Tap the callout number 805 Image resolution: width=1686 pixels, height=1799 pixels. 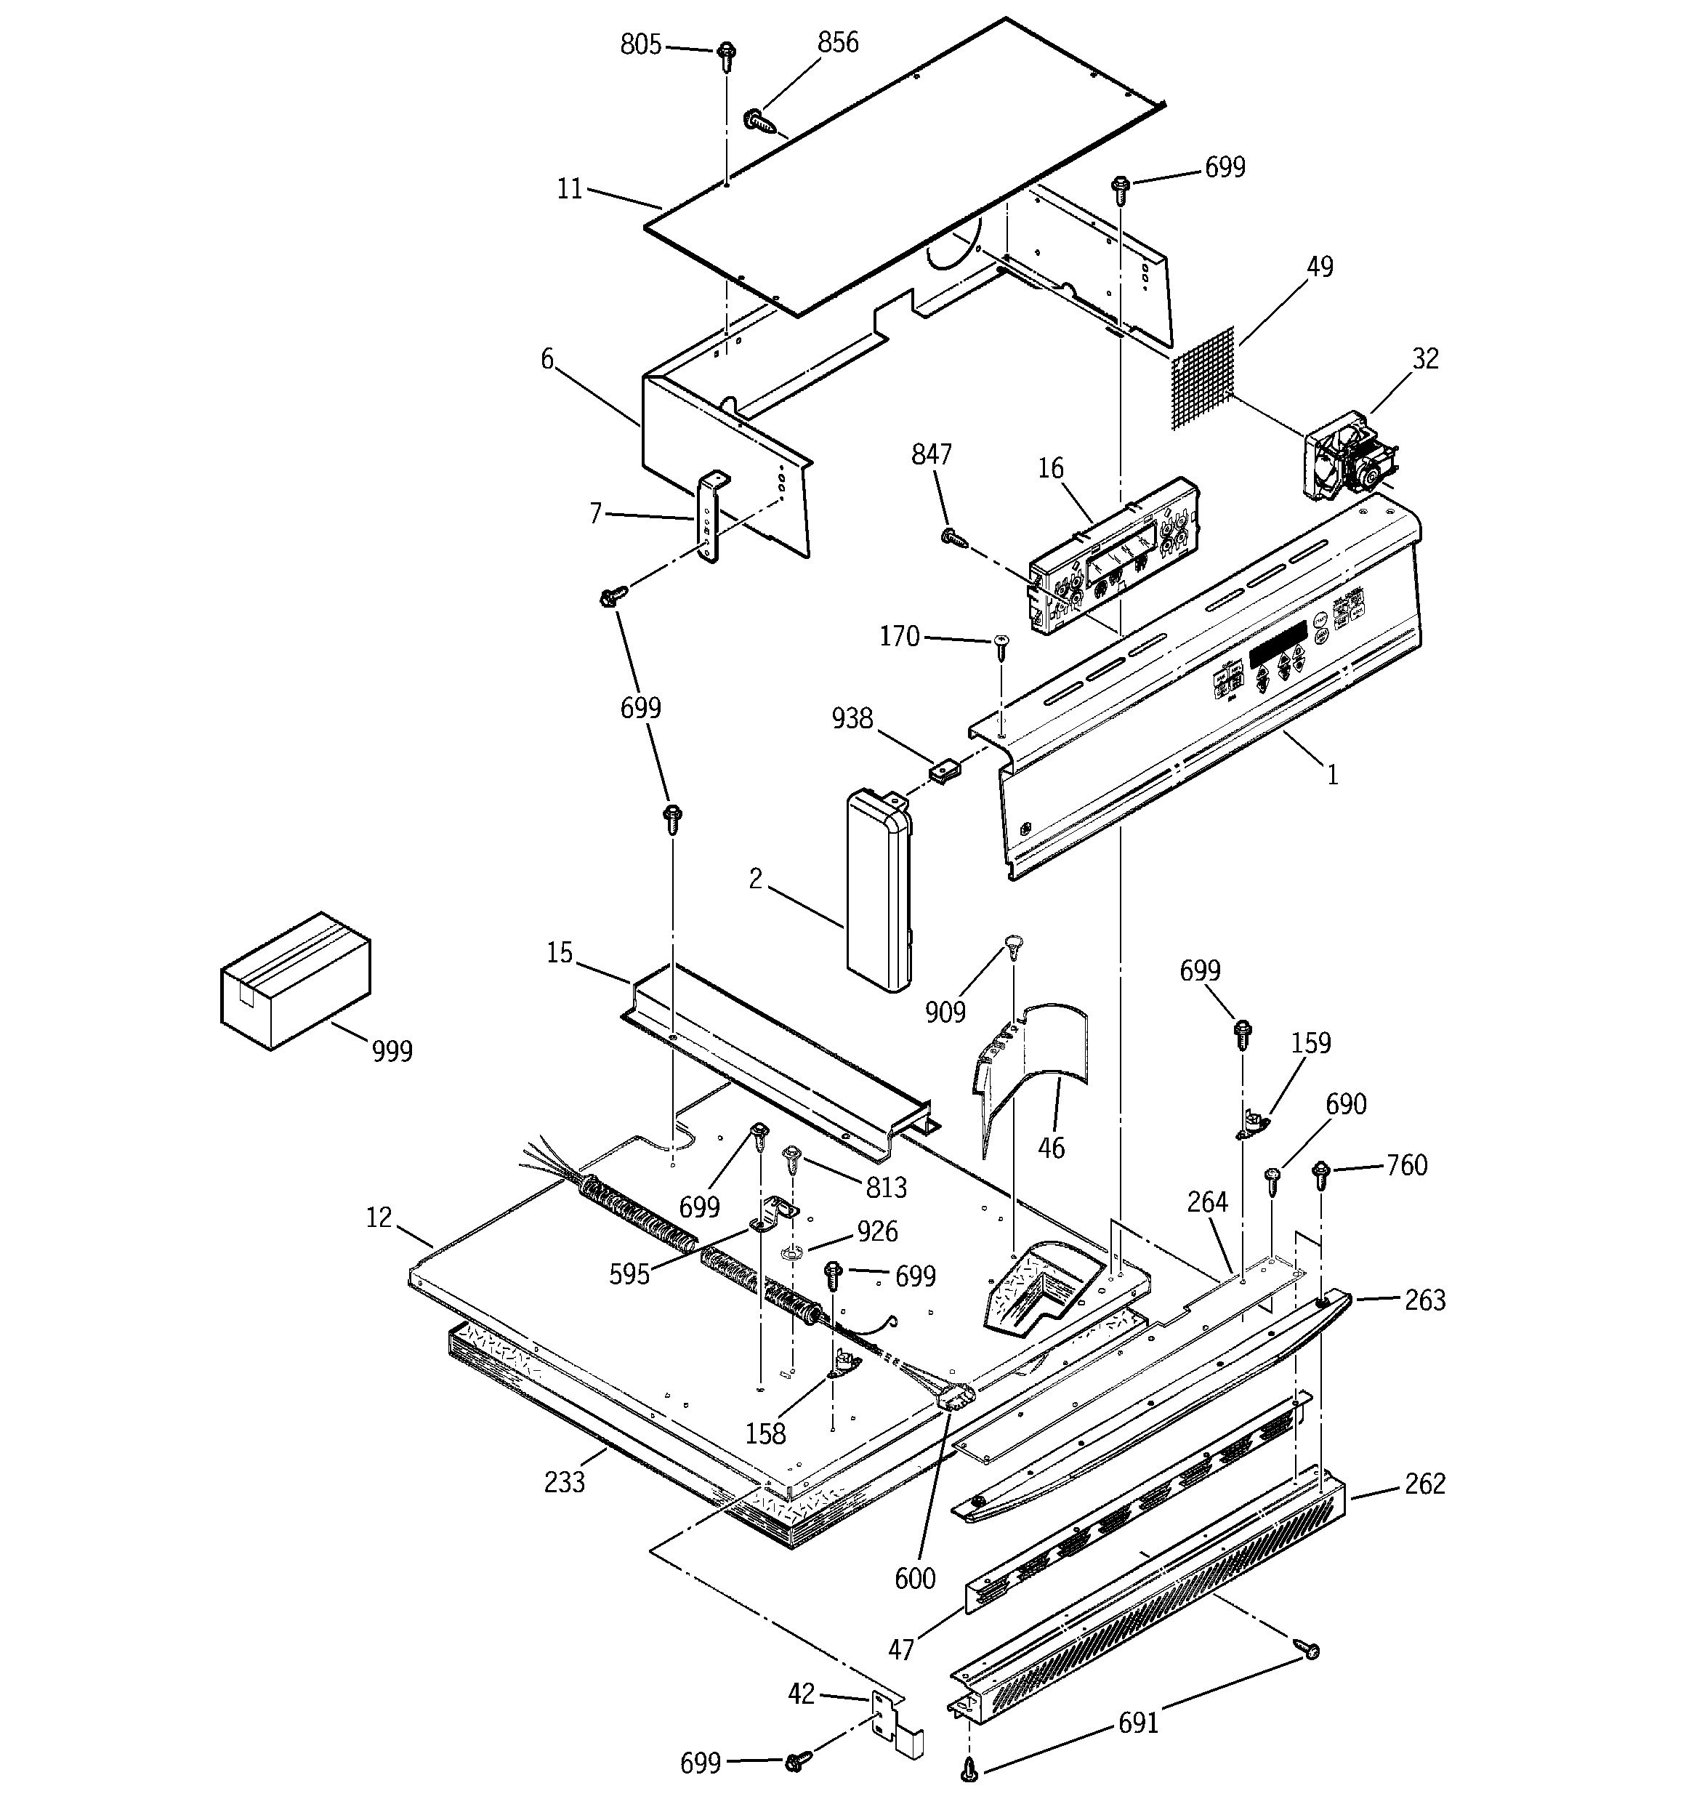click(x=641, y=44)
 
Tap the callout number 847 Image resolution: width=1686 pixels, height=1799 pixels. click(x=931, y=454)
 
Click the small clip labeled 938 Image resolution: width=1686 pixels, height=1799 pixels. click(x=944, y=772)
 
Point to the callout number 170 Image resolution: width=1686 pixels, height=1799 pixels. click(x=899, y=637)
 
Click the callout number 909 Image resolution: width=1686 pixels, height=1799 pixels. click(x=945, y=1012)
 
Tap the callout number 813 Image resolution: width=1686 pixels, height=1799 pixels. click(x=884, y=1186)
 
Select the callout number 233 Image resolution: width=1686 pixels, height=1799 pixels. click(x=564, y=1481)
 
